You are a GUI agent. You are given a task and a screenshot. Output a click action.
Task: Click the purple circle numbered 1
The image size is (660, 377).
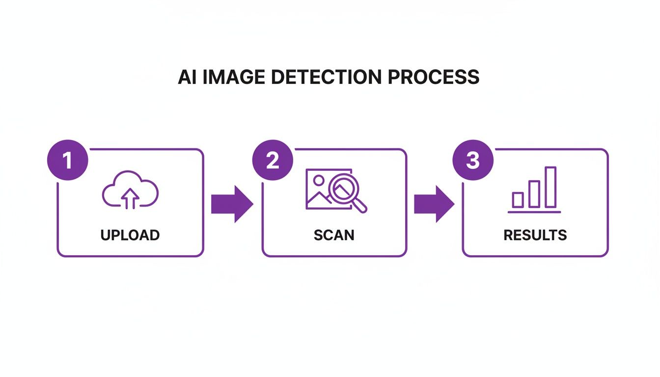pos(67,162)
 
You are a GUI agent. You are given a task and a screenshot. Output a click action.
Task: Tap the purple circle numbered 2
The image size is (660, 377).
pos(273,162)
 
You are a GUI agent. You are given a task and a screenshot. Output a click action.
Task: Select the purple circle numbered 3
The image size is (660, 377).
pos(472,162)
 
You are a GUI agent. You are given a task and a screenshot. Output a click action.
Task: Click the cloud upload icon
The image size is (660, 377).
pos(130,190)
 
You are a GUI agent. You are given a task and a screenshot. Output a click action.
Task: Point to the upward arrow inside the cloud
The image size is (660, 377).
pos(130,199)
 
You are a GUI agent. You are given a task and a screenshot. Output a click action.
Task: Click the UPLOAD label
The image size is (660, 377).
pos(130,235)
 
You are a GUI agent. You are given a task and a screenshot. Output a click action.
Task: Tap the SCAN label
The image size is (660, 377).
pos(334,235)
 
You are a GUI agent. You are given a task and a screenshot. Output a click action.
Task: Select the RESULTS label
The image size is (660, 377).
pos(535,235)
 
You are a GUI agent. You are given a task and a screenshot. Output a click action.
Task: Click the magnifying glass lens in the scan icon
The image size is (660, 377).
pos(344,188)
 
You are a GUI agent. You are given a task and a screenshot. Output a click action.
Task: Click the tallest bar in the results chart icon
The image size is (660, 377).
pos(550,187)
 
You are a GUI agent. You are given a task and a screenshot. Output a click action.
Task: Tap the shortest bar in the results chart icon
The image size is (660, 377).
pos(518,200)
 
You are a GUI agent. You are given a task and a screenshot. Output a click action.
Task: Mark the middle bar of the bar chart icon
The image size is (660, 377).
pos(534,194)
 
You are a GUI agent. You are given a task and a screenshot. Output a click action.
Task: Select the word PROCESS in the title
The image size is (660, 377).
pos(433,78)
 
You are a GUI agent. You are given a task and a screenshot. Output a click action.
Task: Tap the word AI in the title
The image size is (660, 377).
pos(187,78)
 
